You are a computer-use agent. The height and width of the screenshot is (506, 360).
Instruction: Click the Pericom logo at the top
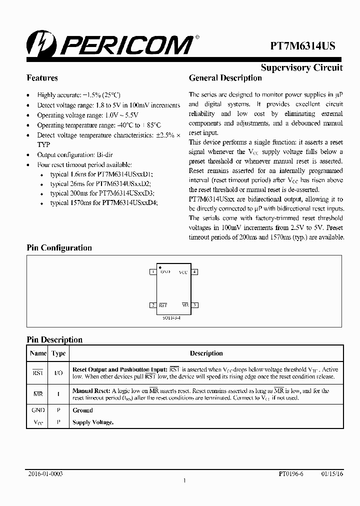110,44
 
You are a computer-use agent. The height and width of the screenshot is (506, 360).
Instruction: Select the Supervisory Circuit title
301,68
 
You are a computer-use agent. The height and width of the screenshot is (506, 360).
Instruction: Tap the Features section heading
42,78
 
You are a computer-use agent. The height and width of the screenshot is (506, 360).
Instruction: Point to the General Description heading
225,78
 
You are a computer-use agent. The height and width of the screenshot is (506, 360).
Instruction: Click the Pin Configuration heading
59,248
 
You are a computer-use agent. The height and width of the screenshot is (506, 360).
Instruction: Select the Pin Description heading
54,340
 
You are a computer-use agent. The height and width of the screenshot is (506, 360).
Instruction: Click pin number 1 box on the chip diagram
153,272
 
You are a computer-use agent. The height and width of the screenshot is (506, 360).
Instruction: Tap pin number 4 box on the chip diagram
195,272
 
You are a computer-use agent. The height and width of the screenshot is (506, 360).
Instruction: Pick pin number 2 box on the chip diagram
153,305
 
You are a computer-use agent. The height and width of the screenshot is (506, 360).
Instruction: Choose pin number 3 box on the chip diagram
195,305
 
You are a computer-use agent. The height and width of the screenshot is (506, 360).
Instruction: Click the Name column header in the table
38,353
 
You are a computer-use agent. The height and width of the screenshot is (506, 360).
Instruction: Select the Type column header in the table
58,353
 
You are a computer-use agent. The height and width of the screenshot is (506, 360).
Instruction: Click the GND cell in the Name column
38,410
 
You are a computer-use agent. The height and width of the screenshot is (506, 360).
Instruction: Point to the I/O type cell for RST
58,372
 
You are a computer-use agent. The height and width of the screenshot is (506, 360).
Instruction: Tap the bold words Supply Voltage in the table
93,422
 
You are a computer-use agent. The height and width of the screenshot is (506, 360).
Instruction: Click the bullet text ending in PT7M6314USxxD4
104,203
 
